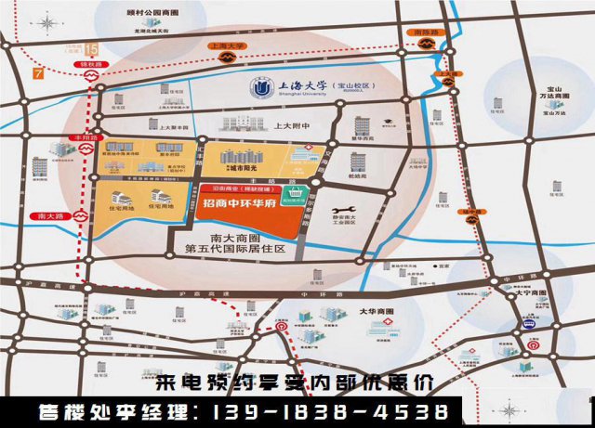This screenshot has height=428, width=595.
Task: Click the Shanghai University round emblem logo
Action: click(258, 90)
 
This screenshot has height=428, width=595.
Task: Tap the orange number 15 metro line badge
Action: click(90, 48)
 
